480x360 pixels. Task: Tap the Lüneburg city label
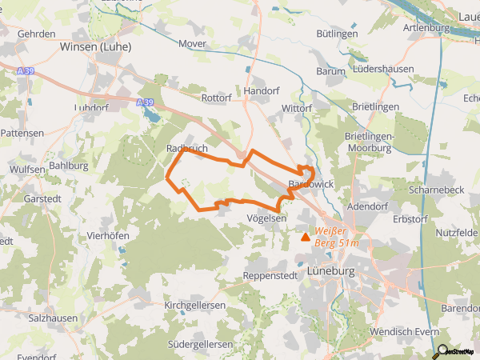pos(330,272)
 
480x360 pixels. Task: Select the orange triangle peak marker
pos(305,236)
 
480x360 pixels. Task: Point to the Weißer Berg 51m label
pos(336,237)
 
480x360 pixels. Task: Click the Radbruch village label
pos(187,149)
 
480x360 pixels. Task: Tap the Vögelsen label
pos(267,218)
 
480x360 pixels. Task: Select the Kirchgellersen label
pos(195,306)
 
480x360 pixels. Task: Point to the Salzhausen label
pos(55,318)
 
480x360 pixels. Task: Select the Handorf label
pos(261,92)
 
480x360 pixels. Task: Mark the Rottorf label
pos(216,98)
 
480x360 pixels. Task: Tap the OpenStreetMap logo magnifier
pos(441,350)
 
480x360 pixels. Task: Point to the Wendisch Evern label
pos(405,331)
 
